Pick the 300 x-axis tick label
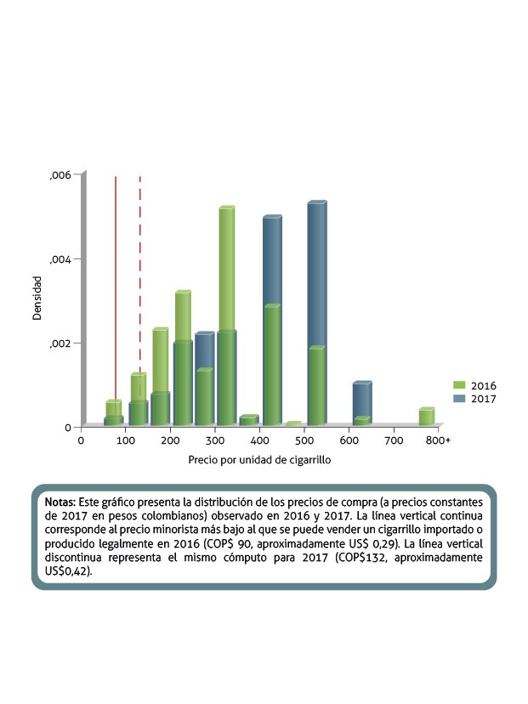tap(216, 440)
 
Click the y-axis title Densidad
tap(37, 298)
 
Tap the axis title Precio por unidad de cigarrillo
tap(259, 460)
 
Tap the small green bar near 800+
tap(426, 416)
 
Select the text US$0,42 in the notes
tap(70, 573)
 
